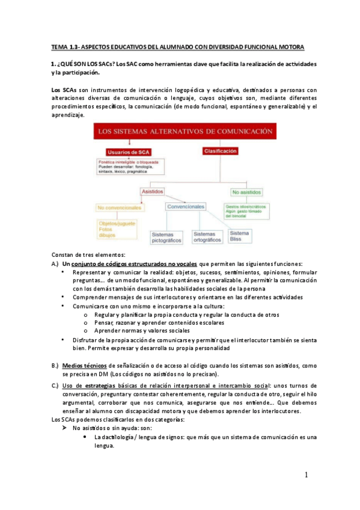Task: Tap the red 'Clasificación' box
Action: click(220, 152)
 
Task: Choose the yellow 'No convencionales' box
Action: click(120, 208)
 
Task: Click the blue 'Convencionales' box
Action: click(186, 206)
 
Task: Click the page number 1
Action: click(305, 475)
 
